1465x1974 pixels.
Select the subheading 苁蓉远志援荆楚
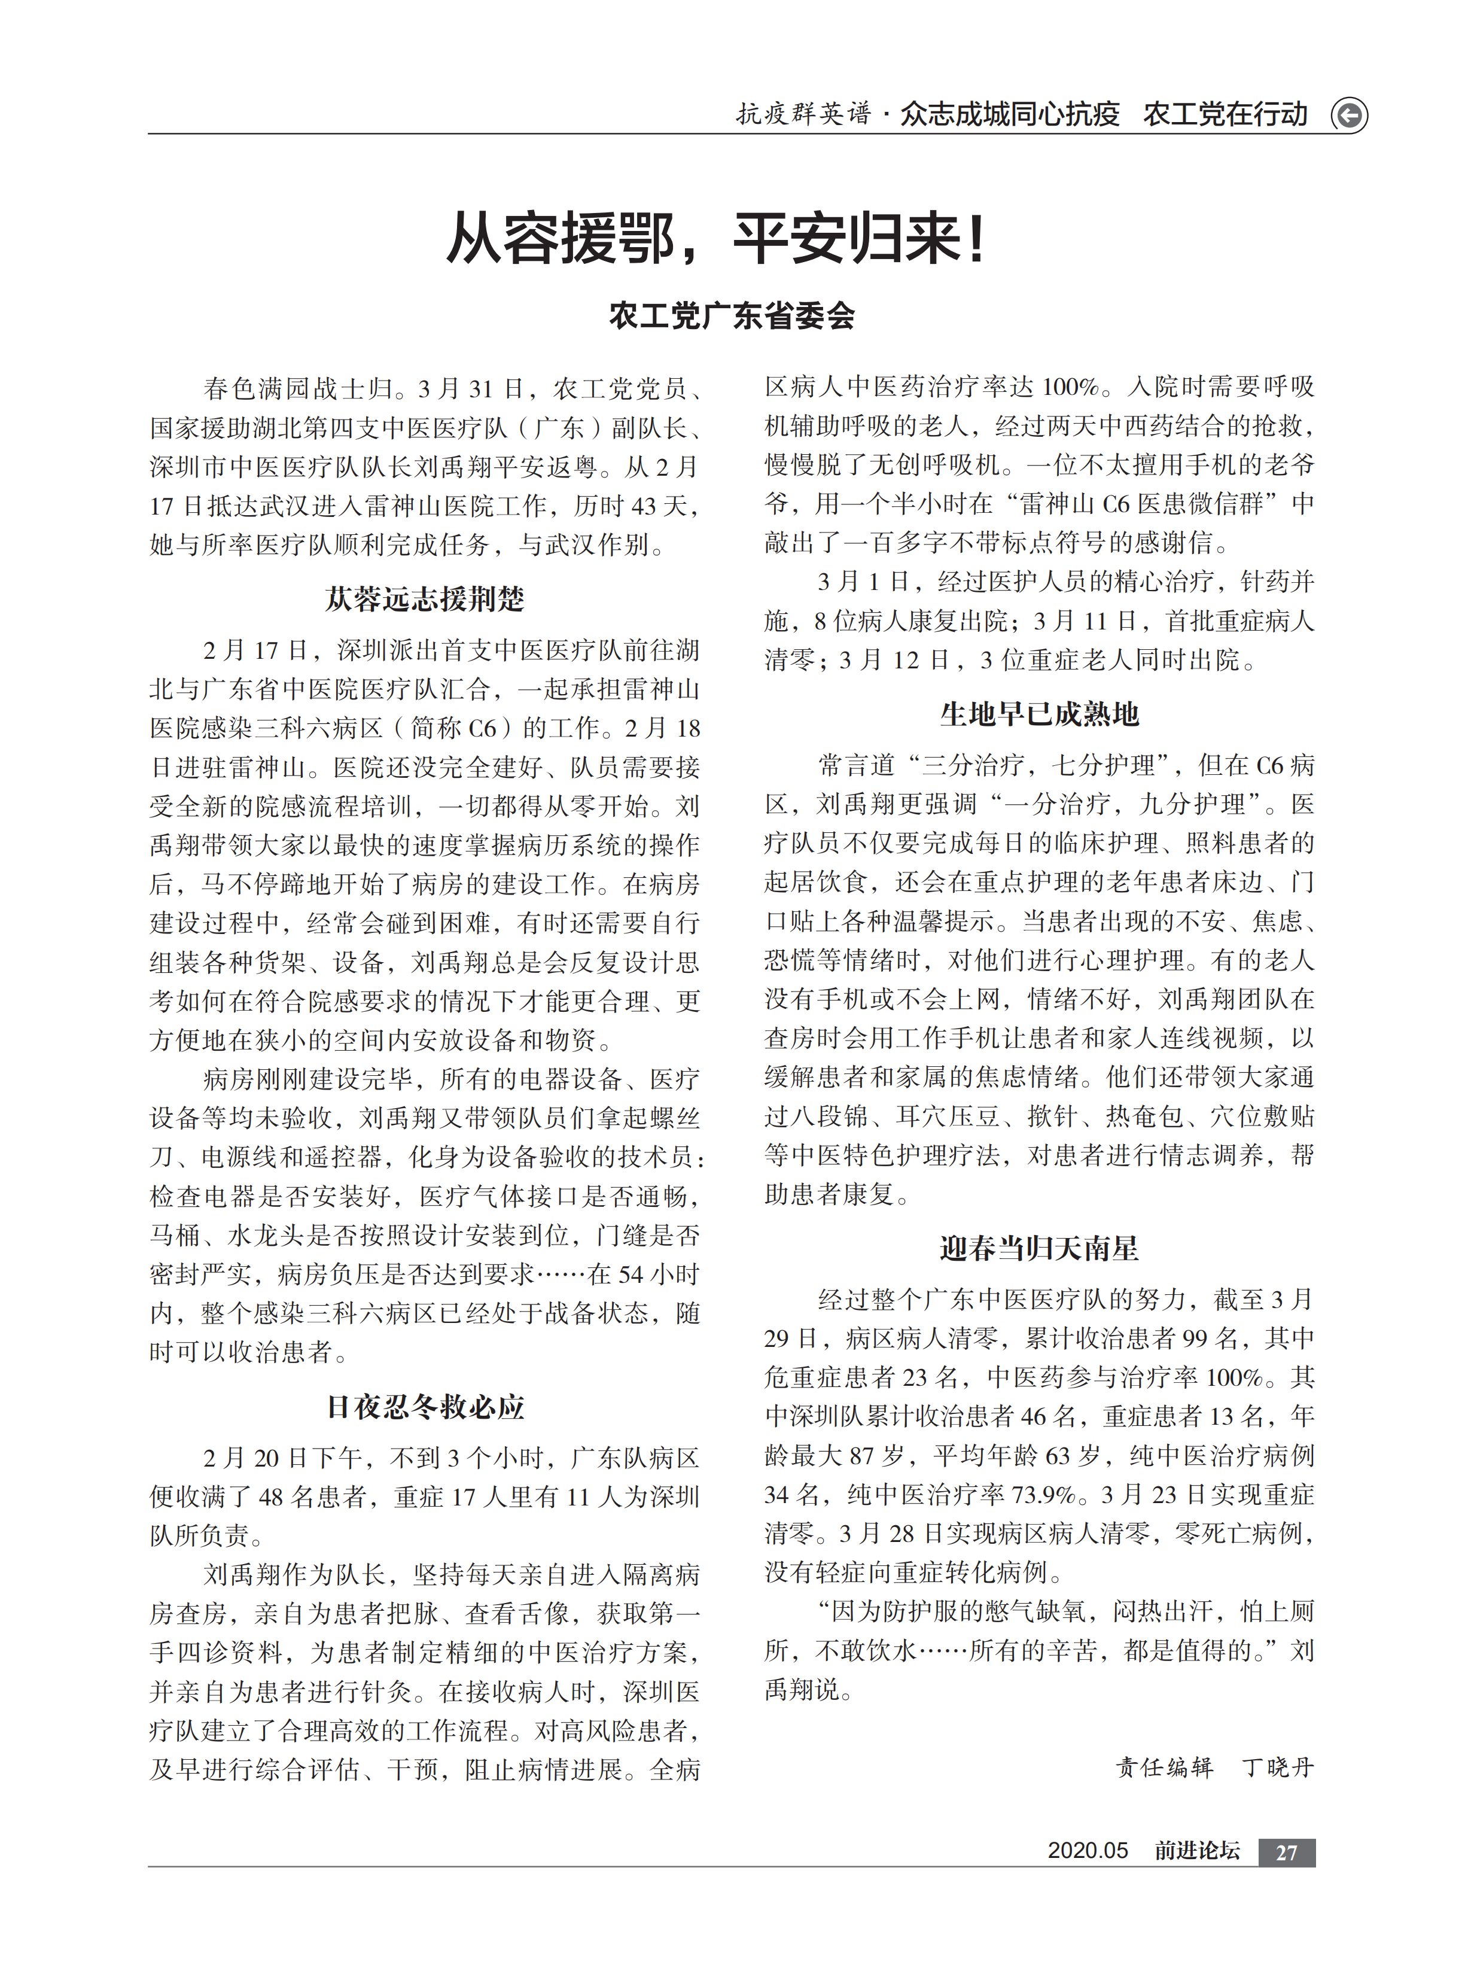click(x=425, y=598)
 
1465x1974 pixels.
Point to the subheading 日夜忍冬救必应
click(x=425, y=1407)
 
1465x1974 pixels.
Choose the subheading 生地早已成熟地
click(x=1039, y=713)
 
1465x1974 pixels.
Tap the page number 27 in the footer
click(x=1286, y=1853)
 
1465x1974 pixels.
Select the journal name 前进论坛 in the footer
click(x=1196, y=1851)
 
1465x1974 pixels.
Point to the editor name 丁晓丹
click(x=1277, y=1768)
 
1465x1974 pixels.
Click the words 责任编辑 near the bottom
click(x=1164, y=1768)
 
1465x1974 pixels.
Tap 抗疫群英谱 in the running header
click(x=803, y=114)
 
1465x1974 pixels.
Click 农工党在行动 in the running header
click(x=1225, y=114)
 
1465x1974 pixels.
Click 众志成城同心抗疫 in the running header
click(x=1010, y=114)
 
